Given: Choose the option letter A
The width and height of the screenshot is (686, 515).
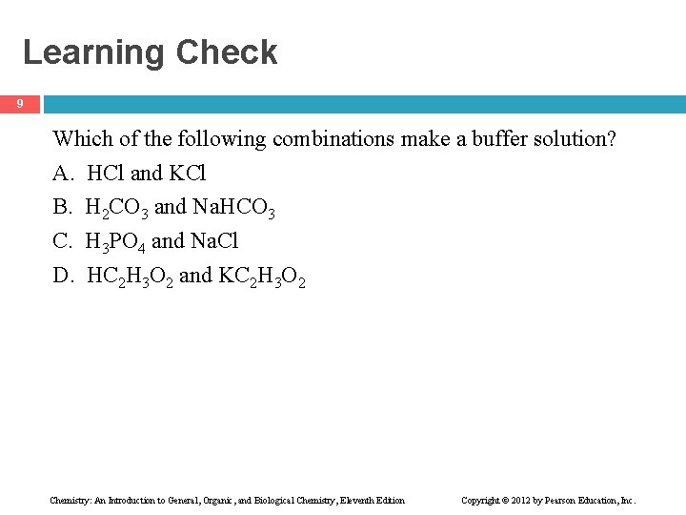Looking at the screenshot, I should pyautogui.click(x=62, y=174).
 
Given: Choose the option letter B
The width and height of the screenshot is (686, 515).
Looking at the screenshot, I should pyautogui.click(x=62, y=207).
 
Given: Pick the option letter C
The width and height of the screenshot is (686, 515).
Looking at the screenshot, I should pyautogui.click(x=62, y=241).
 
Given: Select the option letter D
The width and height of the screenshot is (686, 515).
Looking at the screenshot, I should pyautogui.click(x=63, y=276).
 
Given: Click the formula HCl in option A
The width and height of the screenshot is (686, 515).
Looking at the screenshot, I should pyautogui.click(x=106, y=174).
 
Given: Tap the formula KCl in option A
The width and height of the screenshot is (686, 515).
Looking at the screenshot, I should pyautogui.click(x=187, y=174).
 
